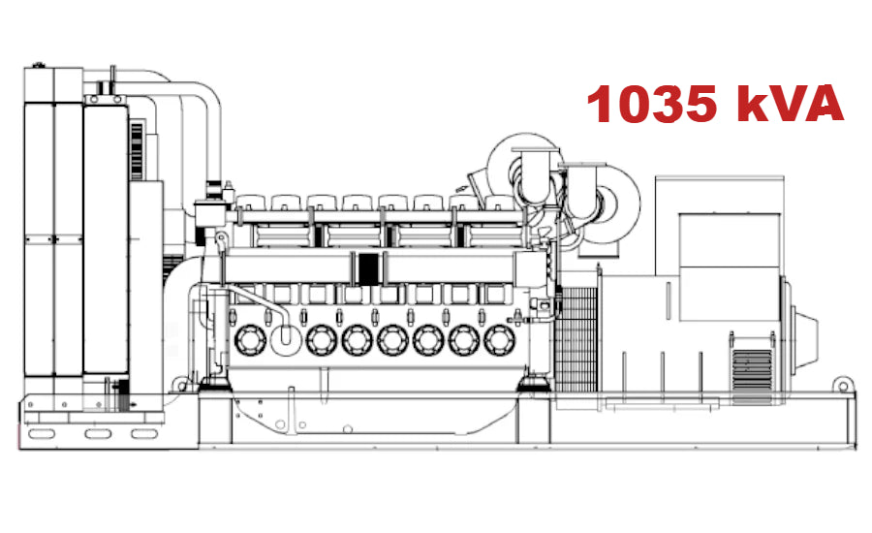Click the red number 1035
point(656,104)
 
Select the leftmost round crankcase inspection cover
point(250,339)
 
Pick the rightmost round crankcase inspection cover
point(500,339)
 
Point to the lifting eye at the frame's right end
point(845,387)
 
